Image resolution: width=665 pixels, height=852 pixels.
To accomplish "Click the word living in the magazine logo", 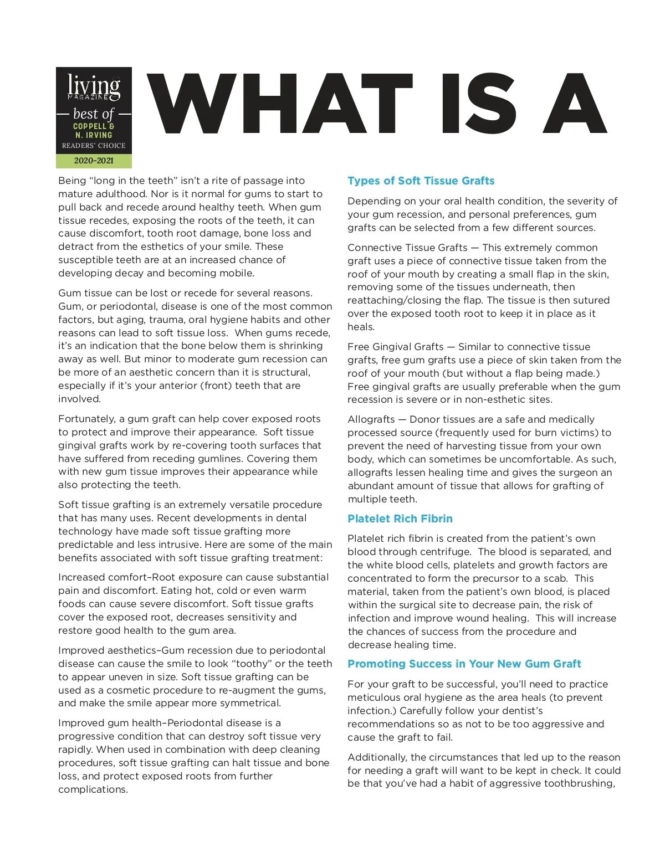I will coord(94,86).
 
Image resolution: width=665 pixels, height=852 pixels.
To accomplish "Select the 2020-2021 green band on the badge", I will coord(94,161).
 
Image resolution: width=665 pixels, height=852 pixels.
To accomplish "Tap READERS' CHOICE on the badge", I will coord(94,146).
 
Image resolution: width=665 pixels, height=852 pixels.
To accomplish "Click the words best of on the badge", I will coord(94,114).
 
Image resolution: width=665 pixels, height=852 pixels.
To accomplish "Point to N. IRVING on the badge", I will coord(94,135).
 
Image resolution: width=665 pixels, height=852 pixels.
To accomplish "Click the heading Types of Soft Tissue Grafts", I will coord(421,181).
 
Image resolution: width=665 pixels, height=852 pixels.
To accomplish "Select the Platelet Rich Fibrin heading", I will coord(400,519).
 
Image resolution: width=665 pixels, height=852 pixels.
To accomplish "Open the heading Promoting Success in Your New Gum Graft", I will coord(464,664).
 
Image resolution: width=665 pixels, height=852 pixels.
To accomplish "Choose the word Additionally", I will coord(377,757).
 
